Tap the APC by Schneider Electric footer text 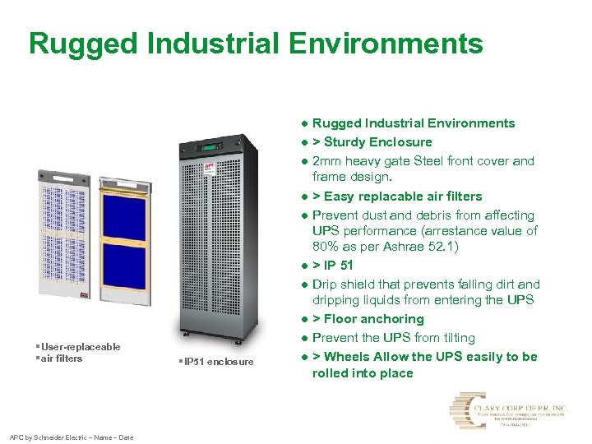click(70, 437)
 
